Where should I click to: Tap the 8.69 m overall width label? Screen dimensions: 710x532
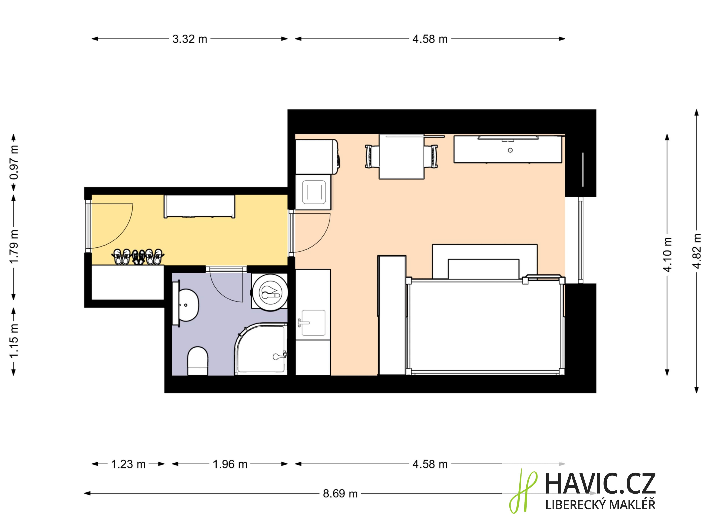pyautogui.click(x=340, y=494)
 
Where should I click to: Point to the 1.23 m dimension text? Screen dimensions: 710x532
pyautogui.click(x=128, y=464)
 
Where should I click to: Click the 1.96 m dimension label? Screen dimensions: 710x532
pyautogui.click(x=230, y=464)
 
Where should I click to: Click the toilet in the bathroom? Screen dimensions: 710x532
pyautogui.click(x=198, y=361)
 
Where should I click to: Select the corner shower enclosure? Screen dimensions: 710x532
pyautogui.click(x=261, y=349)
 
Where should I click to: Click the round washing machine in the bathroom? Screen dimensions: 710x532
pyautogui.click(x=270, y=292)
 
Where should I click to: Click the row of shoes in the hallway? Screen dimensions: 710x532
pyautogui.click(x=138, y=257)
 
